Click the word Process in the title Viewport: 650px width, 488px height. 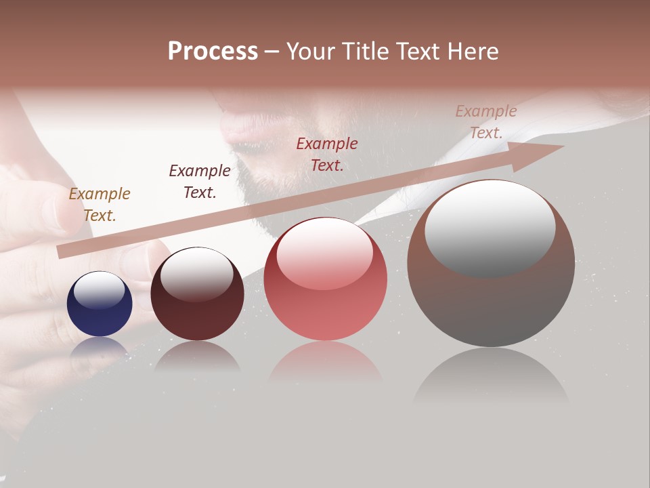coord(213,52)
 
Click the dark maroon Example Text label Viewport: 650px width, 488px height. coord(199,182)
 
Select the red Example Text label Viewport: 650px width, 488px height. coord(327,154)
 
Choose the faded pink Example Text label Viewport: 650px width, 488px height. coord(485,122)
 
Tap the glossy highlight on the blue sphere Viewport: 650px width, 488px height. coord(100,291)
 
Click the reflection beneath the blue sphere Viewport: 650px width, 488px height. coord(100,347)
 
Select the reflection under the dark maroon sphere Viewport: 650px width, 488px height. coord(197,356)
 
